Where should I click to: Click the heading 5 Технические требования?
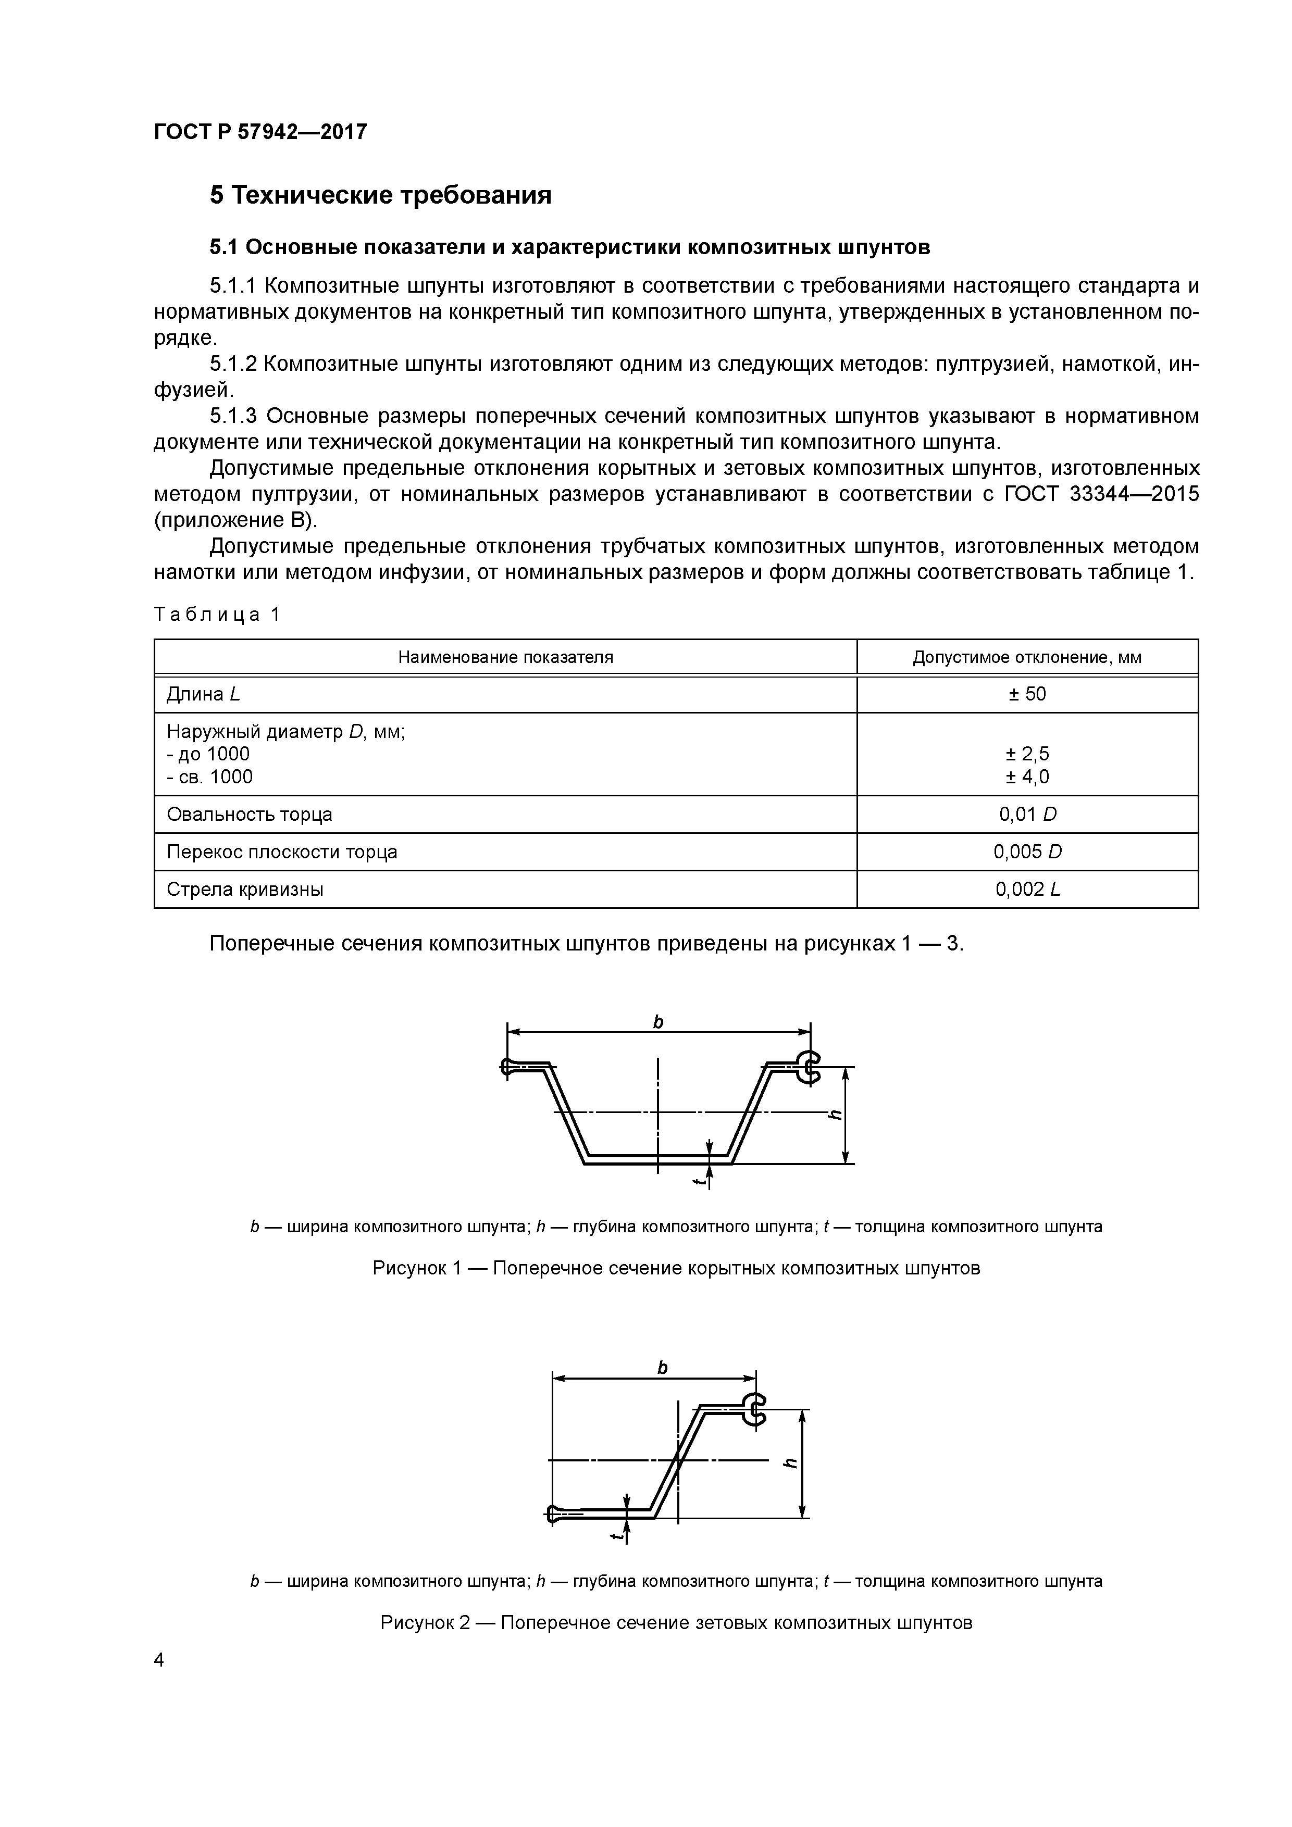tap(380, 195)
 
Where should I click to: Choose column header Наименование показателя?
tap(505, 657)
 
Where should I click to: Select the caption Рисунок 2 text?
tap(676, 1622)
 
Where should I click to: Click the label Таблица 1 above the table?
tap(217, 615)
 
